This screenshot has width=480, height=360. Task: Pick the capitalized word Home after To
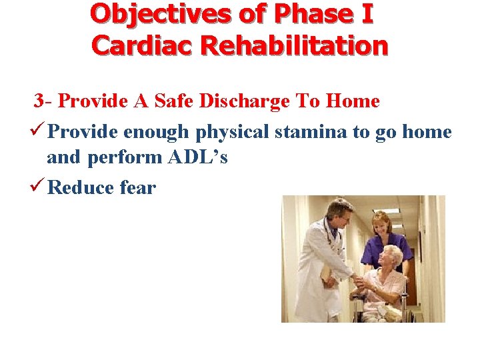353,101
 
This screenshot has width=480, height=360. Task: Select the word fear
137,187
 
